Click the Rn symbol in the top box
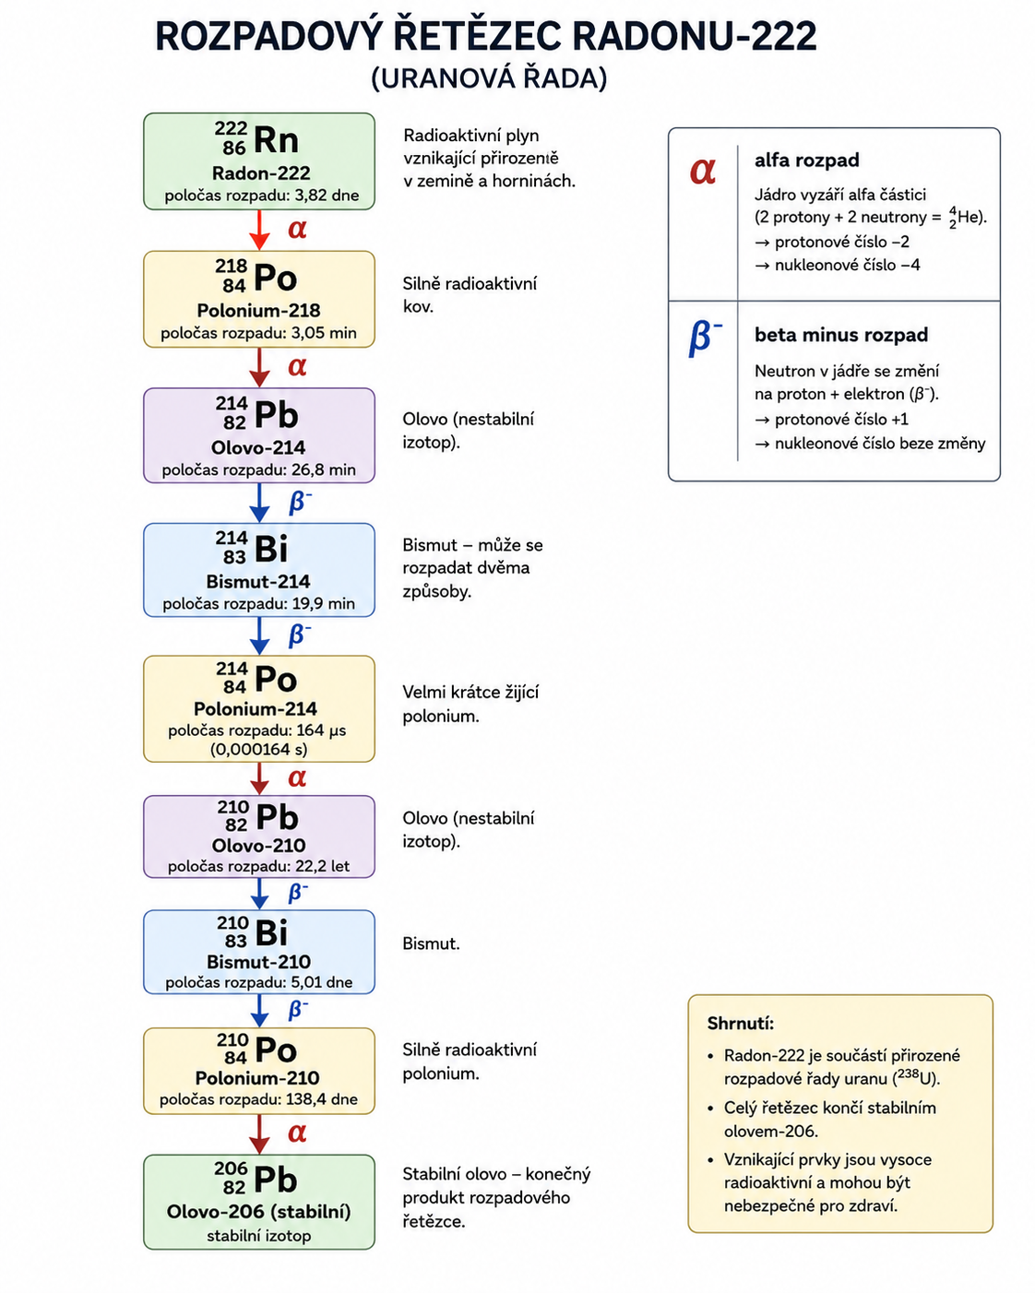(x=276, y=140)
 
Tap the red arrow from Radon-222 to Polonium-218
(x=259, y=231)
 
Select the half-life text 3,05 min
(x=324, y=333)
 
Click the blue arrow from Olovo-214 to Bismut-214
(x=259, y=503)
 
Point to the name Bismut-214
(x=258, y=582)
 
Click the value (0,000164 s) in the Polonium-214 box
(x=259, y=749)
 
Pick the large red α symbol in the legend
(x=703, y=171)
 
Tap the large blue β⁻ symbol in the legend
(x=705, y=338)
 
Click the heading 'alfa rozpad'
(x=807, y=160)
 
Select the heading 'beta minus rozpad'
(x=841, y=335)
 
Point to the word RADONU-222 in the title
(x=695, y=36)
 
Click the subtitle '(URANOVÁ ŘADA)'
(x=489, y=78)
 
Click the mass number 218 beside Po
(x=232, y=267)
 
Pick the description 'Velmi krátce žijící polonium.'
(x=470, y=705)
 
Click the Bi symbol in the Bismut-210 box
(x=272, y=933)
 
